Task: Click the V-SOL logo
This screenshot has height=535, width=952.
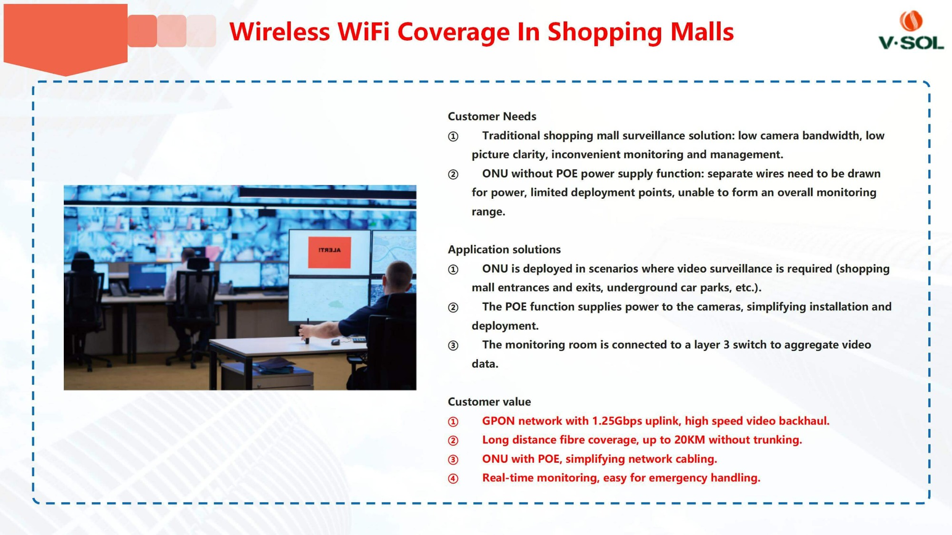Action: click(911, 30)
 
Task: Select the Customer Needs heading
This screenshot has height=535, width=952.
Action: click(492, 117)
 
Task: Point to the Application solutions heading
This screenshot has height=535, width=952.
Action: click(504, 250)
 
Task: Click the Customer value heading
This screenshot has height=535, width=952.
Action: click(489, 402)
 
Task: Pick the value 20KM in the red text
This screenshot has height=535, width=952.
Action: click(689, 440)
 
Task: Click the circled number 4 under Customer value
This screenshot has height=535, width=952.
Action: click(453, 478)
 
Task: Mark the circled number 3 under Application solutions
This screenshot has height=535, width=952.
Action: click(453, 345)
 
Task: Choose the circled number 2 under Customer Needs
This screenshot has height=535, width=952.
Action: click(453, 174)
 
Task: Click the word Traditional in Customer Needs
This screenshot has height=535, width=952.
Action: click(511, 136)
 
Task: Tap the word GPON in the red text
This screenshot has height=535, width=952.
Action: click(498, 421)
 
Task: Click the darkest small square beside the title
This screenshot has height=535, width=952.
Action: click(142, 31)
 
